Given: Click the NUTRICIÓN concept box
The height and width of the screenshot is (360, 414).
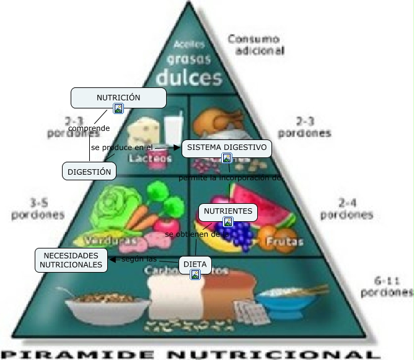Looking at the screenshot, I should coord(118,98).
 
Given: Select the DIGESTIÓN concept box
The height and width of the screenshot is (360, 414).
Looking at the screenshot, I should coord(89,171).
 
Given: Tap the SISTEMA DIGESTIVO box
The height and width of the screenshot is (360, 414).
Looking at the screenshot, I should coord(227,148).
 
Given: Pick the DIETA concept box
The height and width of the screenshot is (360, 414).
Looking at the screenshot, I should coord(195,265).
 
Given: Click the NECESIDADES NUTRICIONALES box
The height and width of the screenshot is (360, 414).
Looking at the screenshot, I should coord(71,260).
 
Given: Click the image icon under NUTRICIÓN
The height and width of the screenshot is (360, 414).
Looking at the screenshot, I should coord(118,108).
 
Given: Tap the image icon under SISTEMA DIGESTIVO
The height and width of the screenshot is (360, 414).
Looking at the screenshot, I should coord(227,158).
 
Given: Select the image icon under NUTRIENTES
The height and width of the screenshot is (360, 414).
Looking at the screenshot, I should coord(228,222).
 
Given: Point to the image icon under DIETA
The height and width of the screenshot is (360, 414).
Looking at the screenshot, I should coord(195,274).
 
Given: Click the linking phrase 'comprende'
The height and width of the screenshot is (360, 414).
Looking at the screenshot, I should coord(89,128).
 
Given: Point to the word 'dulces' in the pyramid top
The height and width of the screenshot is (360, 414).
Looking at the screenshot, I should coord(188,78).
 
